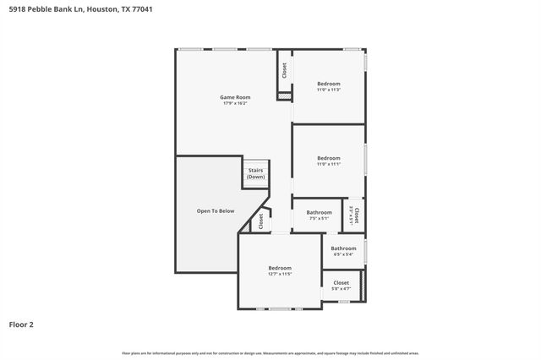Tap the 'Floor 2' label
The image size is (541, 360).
(21, 324)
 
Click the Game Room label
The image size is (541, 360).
(236, 97)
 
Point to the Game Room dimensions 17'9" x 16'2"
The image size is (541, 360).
(236, 103)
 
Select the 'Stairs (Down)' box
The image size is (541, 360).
(255, 173)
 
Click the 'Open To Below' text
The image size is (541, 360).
(216, 210)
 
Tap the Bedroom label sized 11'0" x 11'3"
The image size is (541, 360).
(329, 84)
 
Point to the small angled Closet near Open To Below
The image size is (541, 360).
(260, 221)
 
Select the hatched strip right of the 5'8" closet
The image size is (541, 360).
(363, 285)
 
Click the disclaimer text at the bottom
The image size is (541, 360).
(270, 352)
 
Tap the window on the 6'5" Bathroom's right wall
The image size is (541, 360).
(366, 250)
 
